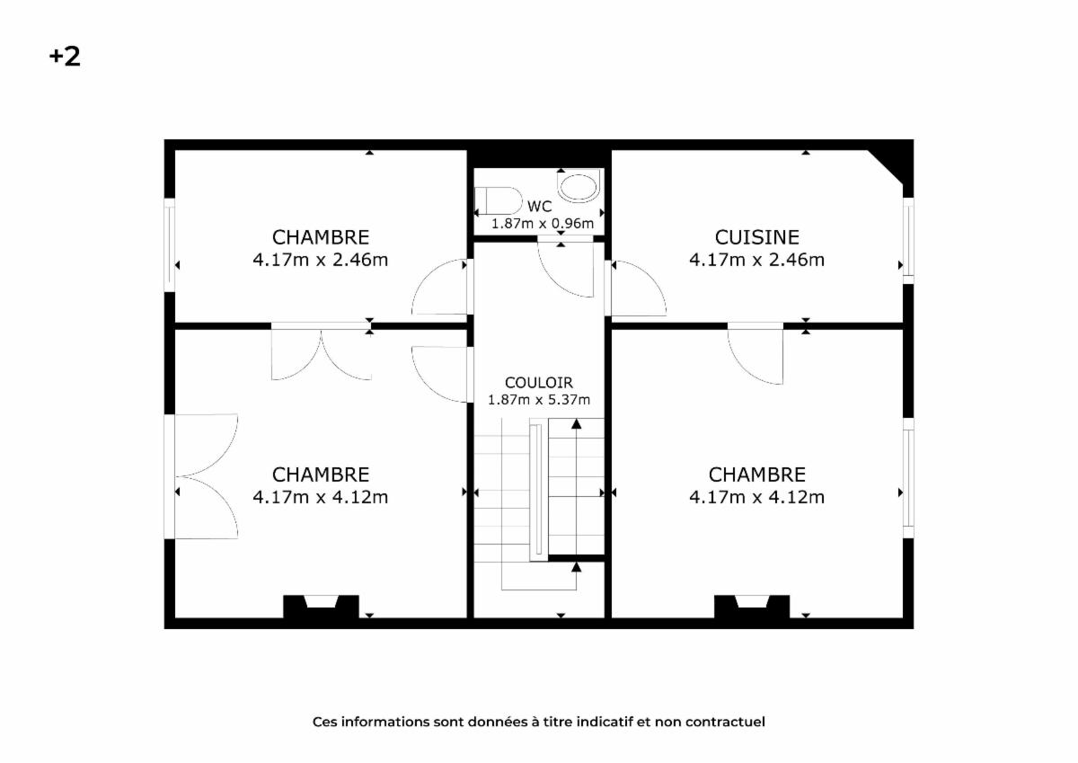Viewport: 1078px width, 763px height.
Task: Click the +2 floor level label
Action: pyautogui.click(x=65, y=57)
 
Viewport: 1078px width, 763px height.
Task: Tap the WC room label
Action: pyautogui.click(x=540, y=207)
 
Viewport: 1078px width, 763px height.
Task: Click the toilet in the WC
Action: pyautogui.click(x=499, y=200)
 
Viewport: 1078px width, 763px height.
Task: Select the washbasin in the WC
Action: pyautogui.click(x=578, y=187)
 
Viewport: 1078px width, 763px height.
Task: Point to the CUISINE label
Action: pyautogui.click(x=757, y=237)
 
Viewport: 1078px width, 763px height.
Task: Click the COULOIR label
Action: pyautogui.click(x=539, y=383)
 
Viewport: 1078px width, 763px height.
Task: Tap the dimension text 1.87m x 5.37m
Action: pyautogui.click(x=539, y=400)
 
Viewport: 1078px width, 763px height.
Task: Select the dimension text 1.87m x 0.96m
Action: pyautogui.click(x=543, y=224)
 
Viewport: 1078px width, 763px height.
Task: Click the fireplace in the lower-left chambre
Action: pyautogui.click(x=321, y=607)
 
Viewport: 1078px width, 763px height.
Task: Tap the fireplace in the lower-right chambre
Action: pyautogui.click(x=752, y=607)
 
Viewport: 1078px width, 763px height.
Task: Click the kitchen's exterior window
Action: pyautogui.click(x=908, y=241)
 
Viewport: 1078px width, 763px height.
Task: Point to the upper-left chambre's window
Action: pyautogui.click(x=170, y=245)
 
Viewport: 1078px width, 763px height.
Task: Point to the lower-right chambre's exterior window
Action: pyautogui.click(x=908, y=478)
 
